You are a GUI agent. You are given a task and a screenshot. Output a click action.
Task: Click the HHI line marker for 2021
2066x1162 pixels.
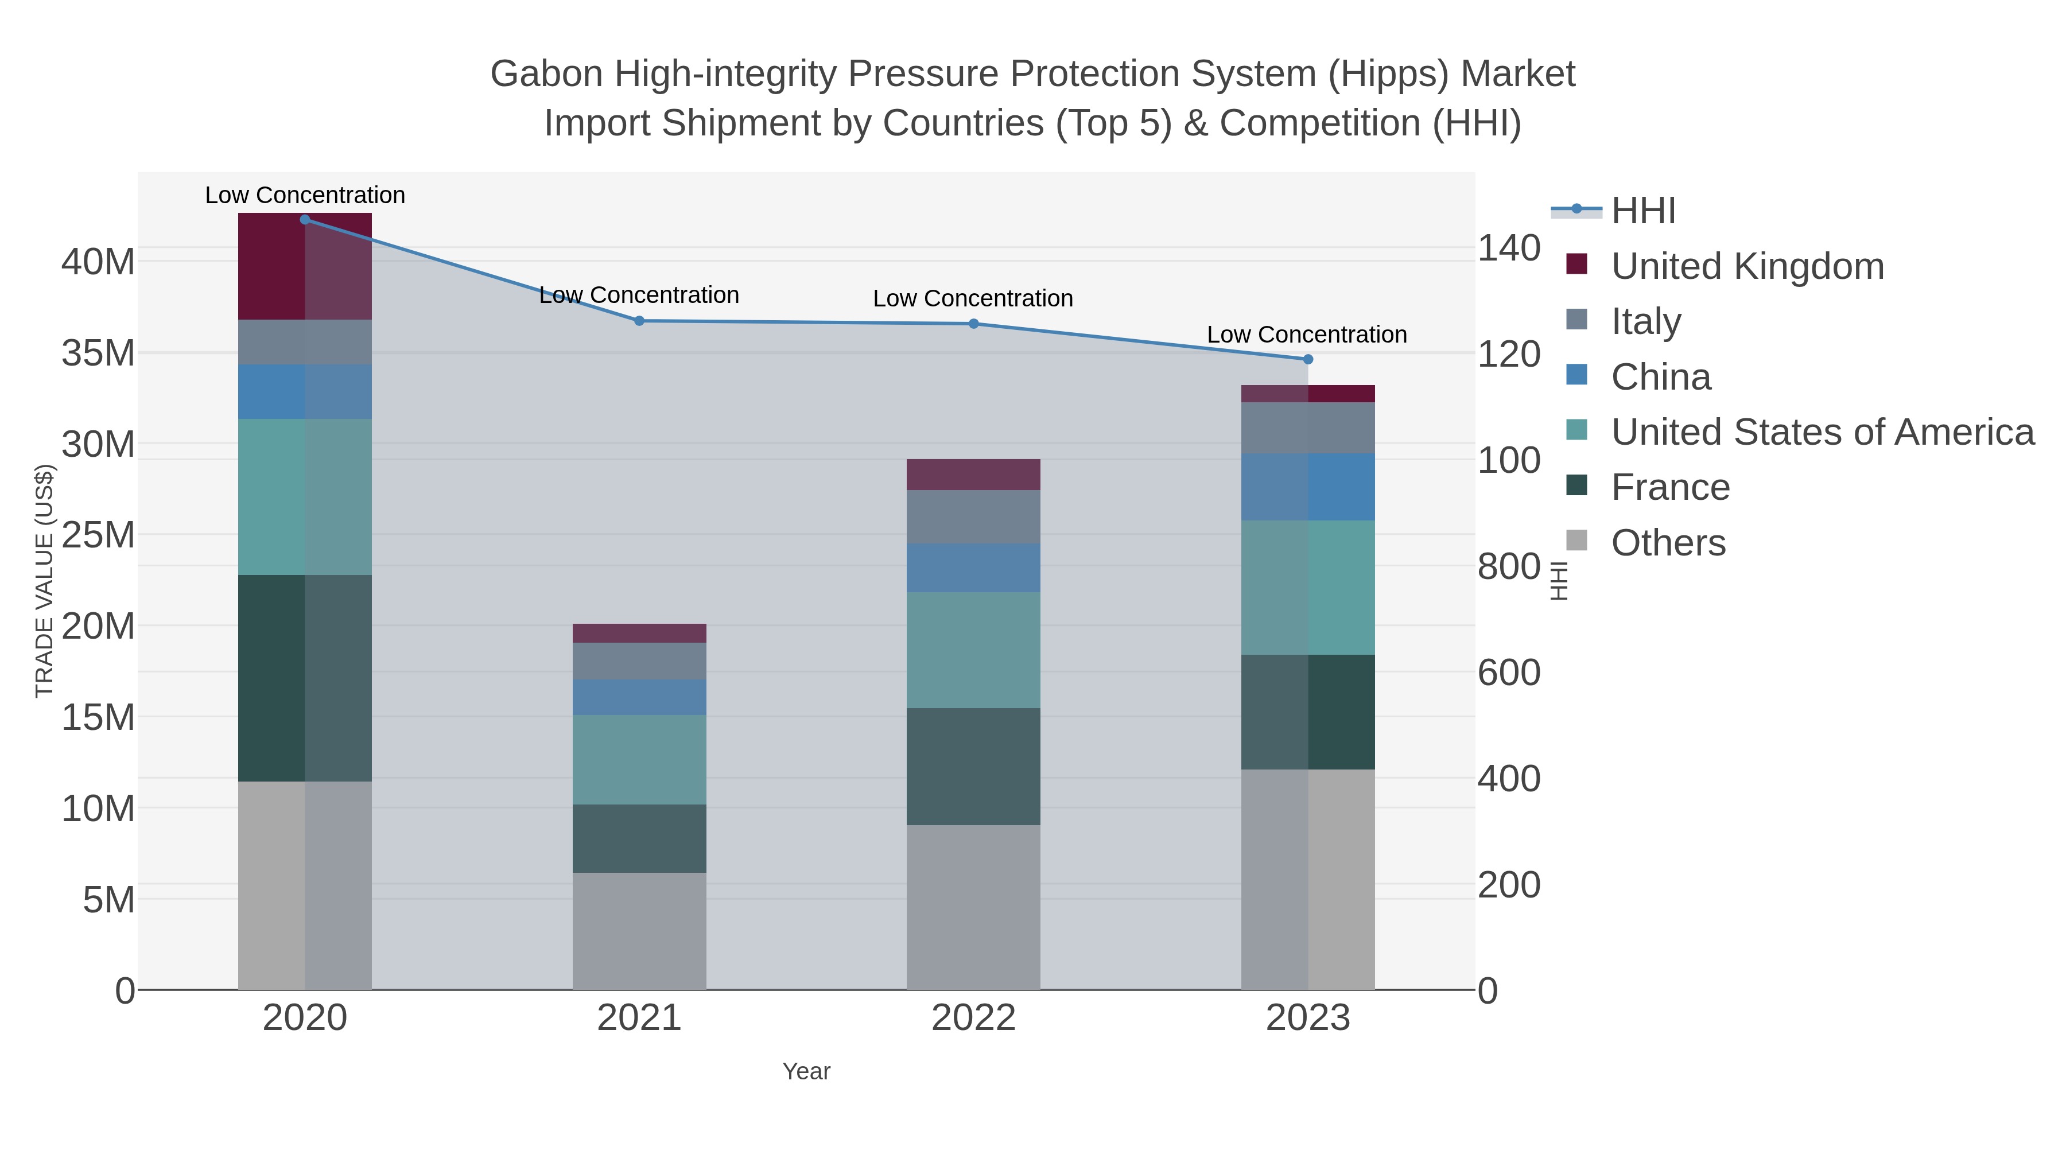(x=639, y=321)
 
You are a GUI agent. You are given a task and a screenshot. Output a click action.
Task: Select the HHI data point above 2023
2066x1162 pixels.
(x=1308, y=359)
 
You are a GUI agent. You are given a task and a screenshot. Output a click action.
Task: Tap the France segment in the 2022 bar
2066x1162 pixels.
(x=973, y=766)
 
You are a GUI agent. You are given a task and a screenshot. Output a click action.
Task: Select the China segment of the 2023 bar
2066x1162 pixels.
(x=1308, y=487)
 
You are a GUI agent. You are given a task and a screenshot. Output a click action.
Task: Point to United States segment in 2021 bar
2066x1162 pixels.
(x=639, y=759)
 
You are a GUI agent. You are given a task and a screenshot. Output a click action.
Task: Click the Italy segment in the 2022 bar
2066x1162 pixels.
(x=973, y=516)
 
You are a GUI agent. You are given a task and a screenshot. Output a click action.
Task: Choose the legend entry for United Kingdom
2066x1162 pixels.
(x=1747, y=266)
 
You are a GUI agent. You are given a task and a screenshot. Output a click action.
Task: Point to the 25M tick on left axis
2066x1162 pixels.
(x=98, y=535)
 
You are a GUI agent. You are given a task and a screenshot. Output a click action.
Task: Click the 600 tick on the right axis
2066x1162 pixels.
(x=1509, y=673)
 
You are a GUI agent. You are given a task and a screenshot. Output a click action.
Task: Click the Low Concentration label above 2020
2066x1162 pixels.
(x=305, y=195)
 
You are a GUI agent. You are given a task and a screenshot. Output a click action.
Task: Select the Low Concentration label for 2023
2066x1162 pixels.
(x=1307, y=335)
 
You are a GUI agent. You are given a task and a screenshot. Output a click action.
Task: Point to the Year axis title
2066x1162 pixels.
(x=806, y=1071)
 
